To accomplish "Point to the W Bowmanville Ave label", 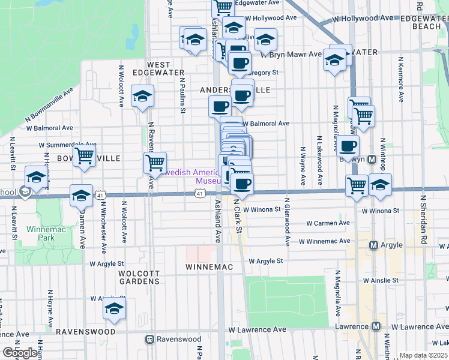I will pyautogui.click(x=49, y=107).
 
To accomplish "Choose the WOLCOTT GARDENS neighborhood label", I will pyautogui.click(x=130, y=277).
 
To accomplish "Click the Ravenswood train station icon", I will pyautogui.click(x=150, y=339).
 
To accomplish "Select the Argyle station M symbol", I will pyautogui.click(x=373, y=245).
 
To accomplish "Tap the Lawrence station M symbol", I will pyautogui.click(x=376, y=326).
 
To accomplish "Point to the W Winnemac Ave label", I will pyautogui.click(x=321, y=241).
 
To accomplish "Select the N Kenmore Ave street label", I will pyautogui.click(x=399, y=78).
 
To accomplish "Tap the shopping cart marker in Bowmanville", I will pyautogui.click(x=85, y=157).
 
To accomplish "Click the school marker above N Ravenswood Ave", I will pyautogui.click(x=142, y=96).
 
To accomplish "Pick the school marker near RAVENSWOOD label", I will pyautogui.click(x=114, y=308).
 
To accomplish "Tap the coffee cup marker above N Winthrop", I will pyautogui.click(x=348, y=145).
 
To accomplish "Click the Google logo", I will pyautogui.click(x=20, y=353).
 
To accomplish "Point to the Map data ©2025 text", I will pyautogui.click(x=423, y=355).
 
